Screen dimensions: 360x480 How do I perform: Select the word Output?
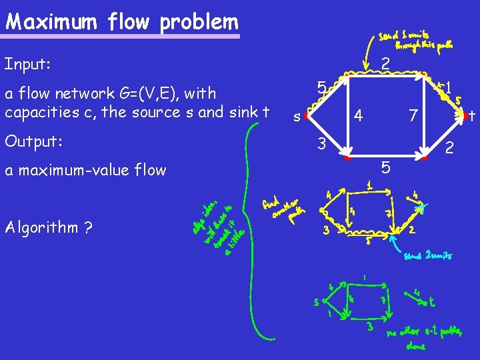33,141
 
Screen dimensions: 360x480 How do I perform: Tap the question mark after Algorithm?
88,227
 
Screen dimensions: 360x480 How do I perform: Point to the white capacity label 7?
413,116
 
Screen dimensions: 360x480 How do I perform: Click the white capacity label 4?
358,116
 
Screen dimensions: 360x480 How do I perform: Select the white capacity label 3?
321,143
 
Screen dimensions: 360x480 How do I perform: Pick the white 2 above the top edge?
385,64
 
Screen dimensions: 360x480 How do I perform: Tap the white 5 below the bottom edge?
385,166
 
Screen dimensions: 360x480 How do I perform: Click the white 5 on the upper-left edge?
321,87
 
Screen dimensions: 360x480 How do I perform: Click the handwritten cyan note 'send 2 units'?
428,255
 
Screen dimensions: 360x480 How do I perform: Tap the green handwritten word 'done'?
417,346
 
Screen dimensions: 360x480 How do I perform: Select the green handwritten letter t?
433,302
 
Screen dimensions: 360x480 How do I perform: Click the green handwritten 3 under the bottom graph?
369,326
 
